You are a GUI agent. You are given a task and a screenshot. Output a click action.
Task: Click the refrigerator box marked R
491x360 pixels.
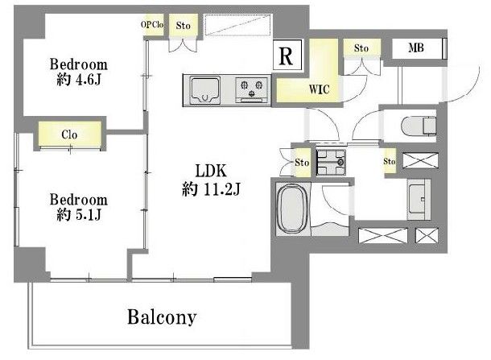(287, 55)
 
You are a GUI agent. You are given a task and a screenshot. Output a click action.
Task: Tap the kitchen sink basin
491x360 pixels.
(205, 90)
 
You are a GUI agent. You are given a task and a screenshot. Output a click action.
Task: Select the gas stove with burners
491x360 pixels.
(251, 90)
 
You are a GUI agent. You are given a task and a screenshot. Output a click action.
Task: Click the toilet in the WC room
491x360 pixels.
(419, 126)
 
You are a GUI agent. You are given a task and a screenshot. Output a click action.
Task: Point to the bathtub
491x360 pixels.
(293, 209)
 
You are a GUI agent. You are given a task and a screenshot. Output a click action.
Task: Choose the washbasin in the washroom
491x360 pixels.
(419, 199)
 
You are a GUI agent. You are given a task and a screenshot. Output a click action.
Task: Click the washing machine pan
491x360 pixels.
(331, 162)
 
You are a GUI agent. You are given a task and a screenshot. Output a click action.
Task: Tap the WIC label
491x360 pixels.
(319, 89)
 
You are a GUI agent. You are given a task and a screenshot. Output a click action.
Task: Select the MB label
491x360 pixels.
(416, 48)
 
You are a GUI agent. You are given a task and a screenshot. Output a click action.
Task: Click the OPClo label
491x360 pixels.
(152, 24)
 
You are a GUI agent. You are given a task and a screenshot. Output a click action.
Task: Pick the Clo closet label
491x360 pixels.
(69, 134)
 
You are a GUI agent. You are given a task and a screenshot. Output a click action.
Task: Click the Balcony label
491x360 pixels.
(162, 317)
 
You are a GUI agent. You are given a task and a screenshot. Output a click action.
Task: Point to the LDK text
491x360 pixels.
(211, 171)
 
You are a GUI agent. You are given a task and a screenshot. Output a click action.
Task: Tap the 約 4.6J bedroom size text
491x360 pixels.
(79, 80)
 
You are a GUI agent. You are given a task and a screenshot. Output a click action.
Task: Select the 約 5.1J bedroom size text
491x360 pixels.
(79, 215)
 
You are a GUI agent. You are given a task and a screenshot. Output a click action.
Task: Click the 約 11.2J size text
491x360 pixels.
(211, 189)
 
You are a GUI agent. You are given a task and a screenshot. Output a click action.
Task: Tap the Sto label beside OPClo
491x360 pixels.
(184, 26)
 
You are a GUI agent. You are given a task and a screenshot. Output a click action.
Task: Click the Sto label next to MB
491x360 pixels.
(361, 48)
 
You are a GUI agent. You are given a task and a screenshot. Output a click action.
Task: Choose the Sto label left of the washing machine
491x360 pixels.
(302, 163)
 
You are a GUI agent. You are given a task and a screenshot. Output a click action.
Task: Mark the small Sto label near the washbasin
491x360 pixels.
(390, 161)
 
